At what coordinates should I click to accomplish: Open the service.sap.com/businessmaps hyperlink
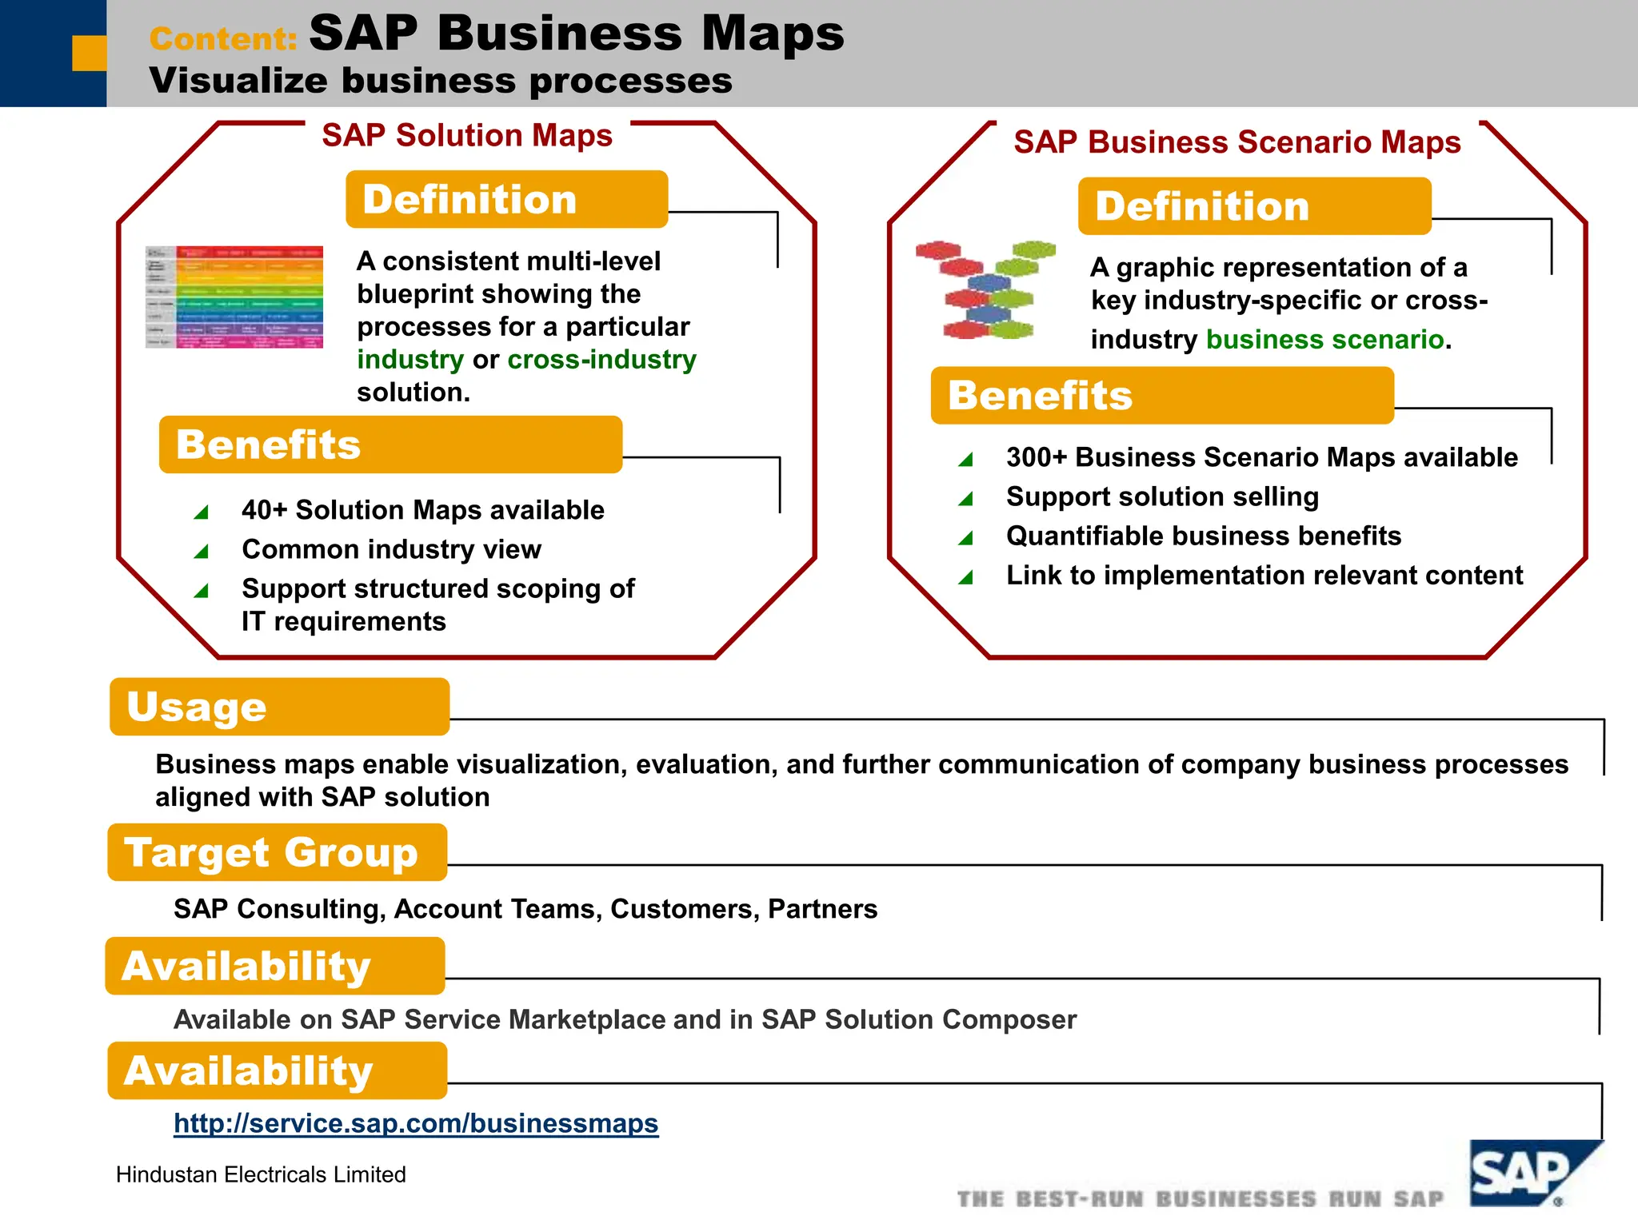pos(416,1123)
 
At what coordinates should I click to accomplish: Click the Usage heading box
pos(279,707)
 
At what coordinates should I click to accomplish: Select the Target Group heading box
pos(277,852)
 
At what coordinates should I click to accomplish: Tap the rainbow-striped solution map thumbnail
pos(234,297)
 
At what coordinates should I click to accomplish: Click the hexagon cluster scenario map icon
pos(985,289)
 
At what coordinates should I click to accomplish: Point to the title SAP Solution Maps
pos(467,135)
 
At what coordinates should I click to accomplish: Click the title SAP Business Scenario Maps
pos(1236,142)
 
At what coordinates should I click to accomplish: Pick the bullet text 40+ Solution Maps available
pos(422,510)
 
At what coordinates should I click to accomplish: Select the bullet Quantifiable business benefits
pos(1203,536)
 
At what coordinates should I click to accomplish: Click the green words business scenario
pos(1324,340)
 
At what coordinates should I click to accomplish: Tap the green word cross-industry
pos(601,360)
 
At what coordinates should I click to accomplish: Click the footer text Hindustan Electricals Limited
pos(261,1174)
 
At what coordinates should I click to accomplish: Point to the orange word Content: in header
pos(223,38)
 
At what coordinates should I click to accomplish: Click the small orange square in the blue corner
pos(89,53)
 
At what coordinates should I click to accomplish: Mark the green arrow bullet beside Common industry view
pos(202,551)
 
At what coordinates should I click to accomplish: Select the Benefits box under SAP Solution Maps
pos(390,445)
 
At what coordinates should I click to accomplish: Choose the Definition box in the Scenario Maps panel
pos(1253,206)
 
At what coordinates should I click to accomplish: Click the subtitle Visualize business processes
pos(440,81)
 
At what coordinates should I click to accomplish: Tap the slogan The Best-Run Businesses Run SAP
pos(1200,1199)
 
